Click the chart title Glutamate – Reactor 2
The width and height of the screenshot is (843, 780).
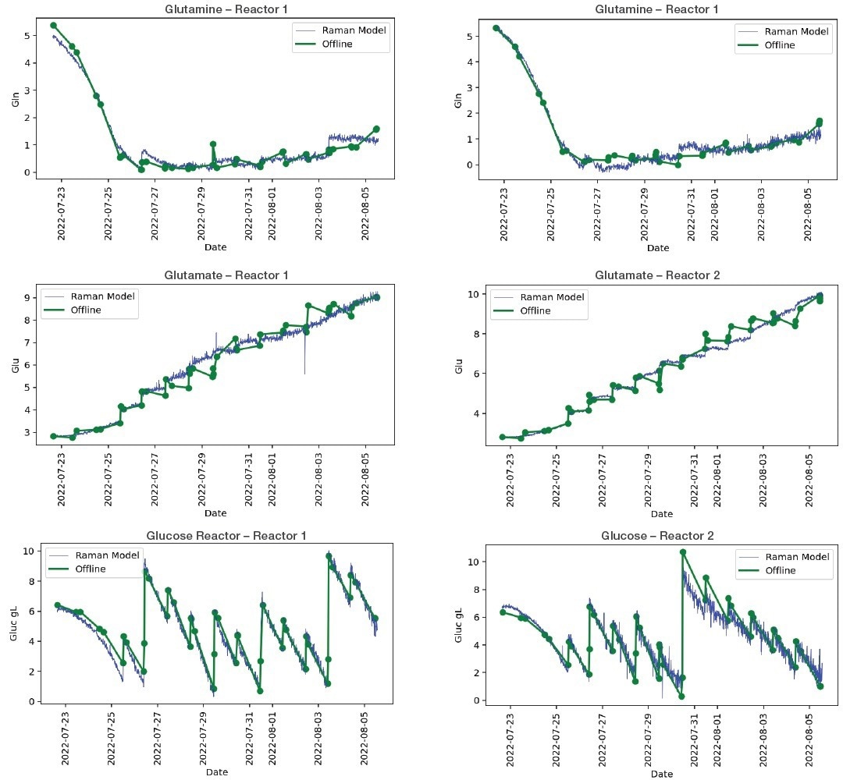(657, 275)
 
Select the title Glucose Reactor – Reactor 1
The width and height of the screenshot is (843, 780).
(226, 536)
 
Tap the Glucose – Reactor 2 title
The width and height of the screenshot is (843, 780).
(657, 536)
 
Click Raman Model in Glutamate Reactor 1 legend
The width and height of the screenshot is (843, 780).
(102, 296)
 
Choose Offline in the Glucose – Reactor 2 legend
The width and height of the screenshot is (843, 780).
(780, 570)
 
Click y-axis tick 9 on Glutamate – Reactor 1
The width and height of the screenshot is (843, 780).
(27, 298)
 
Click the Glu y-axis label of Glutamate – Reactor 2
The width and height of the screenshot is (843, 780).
(459, 365)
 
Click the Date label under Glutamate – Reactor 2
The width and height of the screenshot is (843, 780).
(661, 514)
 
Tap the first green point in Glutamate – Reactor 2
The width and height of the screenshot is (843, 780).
(503, 437)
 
